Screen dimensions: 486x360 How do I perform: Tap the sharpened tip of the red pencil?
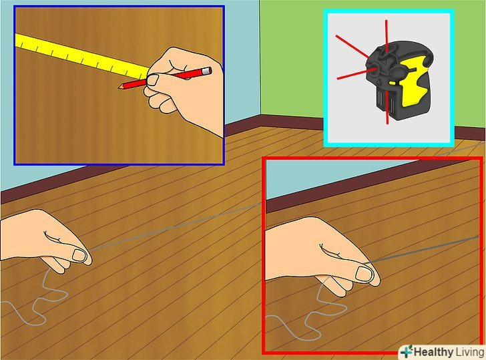119,87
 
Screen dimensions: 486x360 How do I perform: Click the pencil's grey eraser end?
207,71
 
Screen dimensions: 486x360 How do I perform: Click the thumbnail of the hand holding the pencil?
152,80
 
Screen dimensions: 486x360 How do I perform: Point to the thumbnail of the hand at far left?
79,255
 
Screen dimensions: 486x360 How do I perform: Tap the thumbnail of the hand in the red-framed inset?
364,274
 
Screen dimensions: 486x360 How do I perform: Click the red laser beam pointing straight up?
387,35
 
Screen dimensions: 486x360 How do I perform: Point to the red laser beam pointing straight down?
387,108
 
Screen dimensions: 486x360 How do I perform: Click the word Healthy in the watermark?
433,352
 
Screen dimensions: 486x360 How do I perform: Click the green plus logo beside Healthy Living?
407,351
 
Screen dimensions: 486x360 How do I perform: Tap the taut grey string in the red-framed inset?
421,250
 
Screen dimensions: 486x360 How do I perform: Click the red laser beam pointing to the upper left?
352,47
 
